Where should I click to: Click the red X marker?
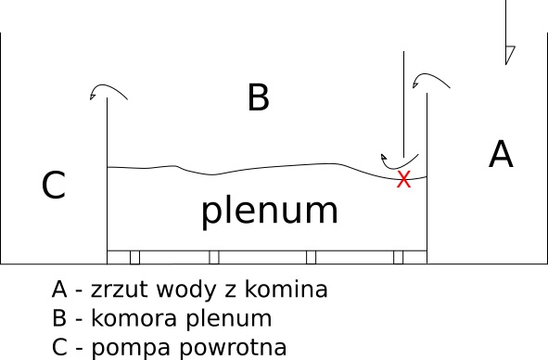[403, 180]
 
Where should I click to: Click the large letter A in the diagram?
[501, 154]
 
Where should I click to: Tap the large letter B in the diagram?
[258, 97]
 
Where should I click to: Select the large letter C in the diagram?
[54, 186]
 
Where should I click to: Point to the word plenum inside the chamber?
[269, 212]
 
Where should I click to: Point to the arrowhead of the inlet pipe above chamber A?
[508, 54]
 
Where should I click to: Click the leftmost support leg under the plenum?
[134, 257]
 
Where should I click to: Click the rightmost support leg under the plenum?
[399, 257]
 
